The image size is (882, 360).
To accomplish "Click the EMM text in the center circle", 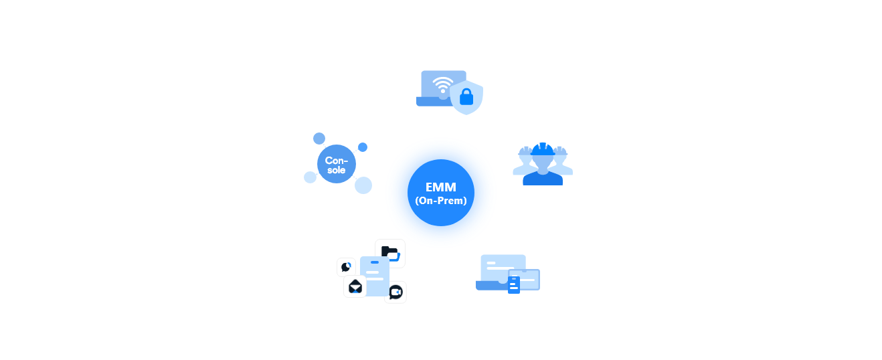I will point(440,187).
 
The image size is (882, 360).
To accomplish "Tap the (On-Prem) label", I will point(440,200).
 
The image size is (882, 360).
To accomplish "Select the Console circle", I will point(336,165).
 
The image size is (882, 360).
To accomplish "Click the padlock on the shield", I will point(466,98).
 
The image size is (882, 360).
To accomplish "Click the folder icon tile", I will point(389,253).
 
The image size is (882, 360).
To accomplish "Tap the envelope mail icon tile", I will point(355,287).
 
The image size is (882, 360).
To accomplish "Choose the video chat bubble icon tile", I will point(395,292).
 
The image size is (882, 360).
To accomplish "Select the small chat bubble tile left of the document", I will point(345,267).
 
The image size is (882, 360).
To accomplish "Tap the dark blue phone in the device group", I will point(514,284).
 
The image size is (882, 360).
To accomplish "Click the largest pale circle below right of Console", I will point(363,185).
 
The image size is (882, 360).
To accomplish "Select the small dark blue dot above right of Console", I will point(363,147).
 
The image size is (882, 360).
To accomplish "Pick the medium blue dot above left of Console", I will point(319,139).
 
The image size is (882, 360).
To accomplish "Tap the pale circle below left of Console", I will point(310,177).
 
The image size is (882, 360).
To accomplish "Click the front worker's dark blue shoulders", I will point(543,177).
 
